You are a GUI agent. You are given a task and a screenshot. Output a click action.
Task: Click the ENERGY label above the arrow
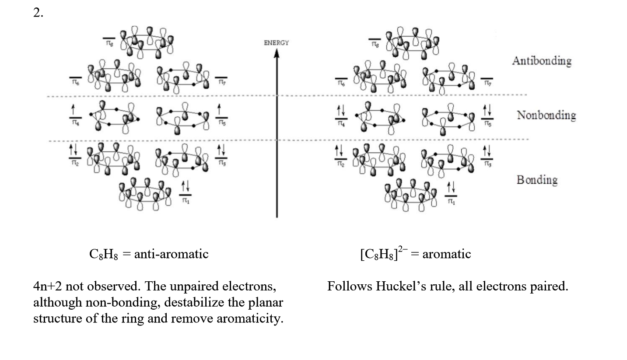tap(276, 43)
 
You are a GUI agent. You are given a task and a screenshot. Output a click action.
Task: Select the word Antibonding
tap(542, 61)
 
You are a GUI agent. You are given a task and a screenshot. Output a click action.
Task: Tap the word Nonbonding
tap(546, 115)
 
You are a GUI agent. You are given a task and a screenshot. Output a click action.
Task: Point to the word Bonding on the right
tap(537, 180)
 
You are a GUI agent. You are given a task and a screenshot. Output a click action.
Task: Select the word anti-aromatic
tap(171, 254)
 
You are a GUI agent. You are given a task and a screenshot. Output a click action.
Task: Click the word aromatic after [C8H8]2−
tap(446, 254)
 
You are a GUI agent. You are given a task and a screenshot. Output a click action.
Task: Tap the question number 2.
tap(38, 13)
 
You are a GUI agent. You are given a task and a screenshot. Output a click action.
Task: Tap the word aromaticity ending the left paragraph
tap(253, 318)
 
